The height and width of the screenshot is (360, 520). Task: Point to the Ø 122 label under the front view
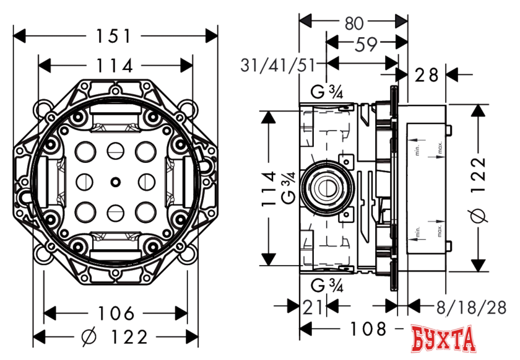(115, 337)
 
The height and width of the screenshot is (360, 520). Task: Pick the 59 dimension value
(362, 44)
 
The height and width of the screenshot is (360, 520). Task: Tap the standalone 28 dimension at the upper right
(427, 75)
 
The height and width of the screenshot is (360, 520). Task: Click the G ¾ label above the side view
(327, 93)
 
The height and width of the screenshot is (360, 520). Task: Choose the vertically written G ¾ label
(287, 188)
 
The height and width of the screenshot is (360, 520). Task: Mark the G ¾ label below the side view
(327, 285)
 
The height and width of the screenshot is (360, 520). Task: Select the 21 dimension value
(312, 305)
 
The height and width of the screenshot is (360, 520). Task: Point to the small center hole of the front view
(115, 182)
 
